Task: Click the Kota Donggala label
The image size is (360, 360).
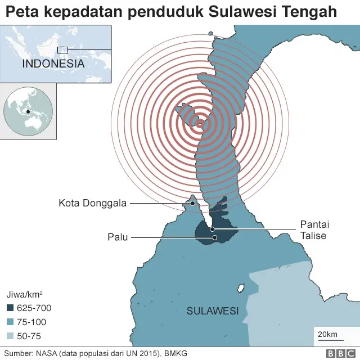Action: click(x=93, y=203)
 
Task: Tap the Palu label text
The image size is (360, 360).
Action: click(x=119, y=237)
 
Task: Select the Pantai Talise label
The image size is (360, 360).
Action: click(x=314, y=229)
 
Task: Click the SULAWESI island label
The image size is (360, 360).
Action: click(x=213, y=310)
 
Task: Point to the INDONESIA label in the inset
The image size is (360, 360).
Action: click(x=53, y=64)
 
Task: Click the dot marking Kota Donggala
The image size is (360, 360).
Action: click(x=192, y=203)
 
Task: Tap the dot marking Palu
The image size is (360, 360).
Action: click(x=215, y=237)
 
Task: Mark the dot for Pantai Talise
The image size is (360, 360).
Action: click(x=212, y=229)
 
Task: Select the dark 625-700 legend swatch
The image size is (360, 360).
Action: click(x=11, y=308)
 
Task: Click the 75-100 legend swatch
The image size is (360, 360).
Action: click(x=11, y=322)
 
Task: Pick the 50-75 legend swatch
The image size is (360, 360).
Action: click(x=11, y=336)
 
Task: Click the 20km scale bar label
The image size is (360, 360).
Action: click(x=327, y=335)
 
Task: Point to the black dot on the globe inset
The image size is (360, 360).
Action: click(x=28, y=111)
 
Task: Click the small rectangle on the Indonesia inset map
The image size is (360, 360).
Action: click(x=62, y=50)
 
